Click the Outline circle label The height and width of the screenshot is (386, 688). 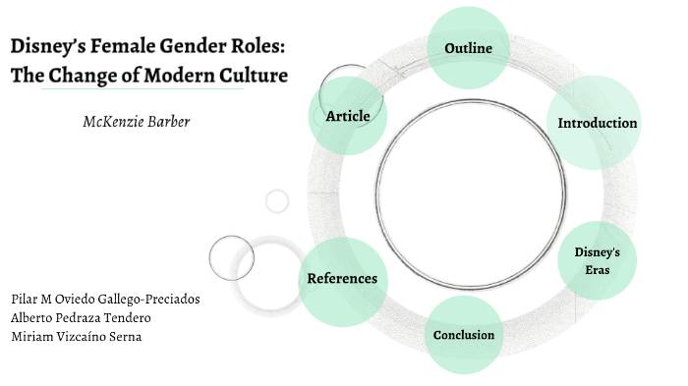[x=468, y=48]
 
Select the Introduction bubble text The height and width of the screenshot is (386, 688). [x=598, y=124]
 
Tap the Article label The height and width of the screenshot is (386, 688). [x=348, y=116]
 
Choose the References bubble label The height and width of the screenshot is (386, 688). [x=342, y=279]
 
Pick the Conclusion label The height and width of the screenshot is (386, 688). [x=464, y=336]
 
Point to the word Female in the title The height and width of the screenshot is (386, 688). [x=131, y=47]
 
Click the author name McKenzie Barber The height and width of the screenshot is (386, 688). [x=137, y=122]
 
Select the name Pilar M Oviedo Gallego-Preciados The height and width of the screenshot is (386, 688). [x=106, y=299]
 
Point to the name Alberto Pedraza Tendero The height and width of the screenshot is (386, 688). [x=81, y=317]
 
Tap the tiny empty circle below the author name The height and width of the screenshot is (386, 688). [x=277, y=201]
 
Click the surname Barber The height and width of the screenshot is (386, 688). [x=168, y=122]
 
